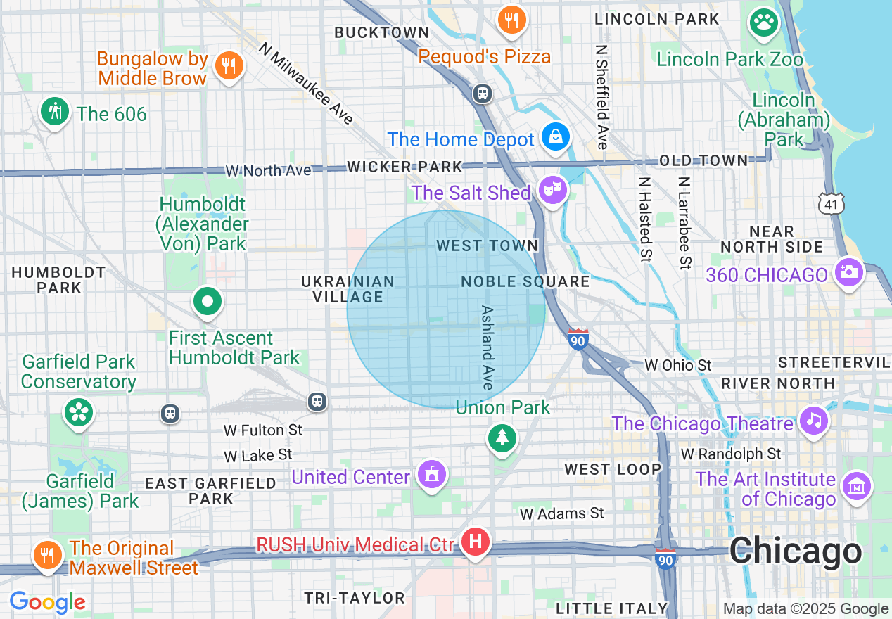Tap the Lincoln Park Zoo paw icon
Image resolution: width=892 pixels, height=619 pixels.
[x=763, y=23]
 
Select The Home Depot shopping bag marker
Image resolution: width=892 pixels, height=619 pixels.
[x=556, y=137]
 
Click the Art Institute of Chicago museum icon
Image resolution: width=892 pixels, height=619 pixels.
[x=857, y=487]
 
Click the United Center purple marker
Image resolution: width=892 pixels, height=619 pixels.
[x=431, y=475]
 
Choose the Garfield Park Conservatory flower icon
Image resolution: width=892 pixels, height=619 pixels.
[x=78, y=412]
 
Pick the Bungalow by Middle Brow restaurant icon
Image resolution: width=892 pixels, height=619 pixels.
[x=228, y=66]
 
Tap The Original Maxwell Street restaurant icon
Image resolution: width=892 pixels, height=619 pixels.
[x=47, y=555]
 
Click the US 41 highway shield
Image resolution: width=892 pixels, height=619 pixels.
[x=831, y=204]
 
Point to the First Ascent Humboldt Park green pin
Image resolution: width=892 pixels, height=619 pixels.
[x=208, y=302]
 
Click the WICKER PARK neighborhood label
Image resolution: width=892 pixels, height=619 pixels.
[x=405, y=167]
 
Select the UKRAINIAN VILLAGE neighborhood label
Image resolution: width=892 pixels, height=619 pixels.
[x=348, y=289]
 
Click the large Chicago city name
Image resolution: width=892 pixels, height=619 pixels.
[x=795, y=551]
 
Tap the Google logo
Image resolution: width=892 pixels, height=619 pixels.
[x=47, y=602]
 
